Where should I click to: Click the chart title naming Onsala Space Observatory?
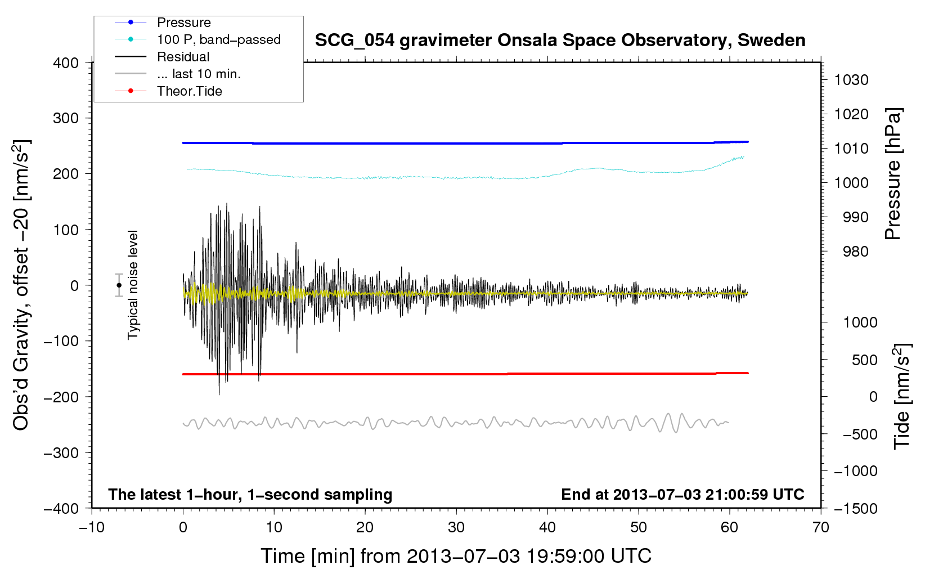[x=560, y=41]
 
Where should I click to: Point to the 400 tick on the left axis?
[x=66, y=63]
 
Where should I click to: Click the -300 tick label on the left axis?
[x=61, y=452]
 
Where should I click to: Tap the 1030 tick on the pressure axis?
[x=851, y=80]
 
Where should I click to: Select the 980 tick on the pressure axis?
[x=855, y=252]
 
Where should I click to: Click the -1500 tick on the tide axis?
[x=856, y=508]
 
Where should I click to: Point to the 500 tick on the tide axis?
[x=864, y=360]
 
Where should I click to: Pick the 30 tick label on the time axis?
[x=456, y=527]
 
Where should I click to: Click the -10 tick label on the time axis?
[x=92, y=527]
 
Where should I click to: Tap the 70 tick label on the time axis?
[x=821, y=527]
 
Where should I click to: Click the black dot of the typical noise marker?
[x=119, y=285]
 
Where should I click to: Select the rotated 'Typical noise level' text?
[x=133, y=285]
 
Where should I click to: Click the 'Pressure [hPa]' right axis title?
[x=893, y=174]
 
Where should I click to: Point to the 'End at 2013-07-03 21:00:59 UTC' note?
[x=682, y=494]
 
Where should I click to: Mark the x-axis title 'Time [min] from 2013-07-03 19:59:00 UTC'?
[x=456, y=556]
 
